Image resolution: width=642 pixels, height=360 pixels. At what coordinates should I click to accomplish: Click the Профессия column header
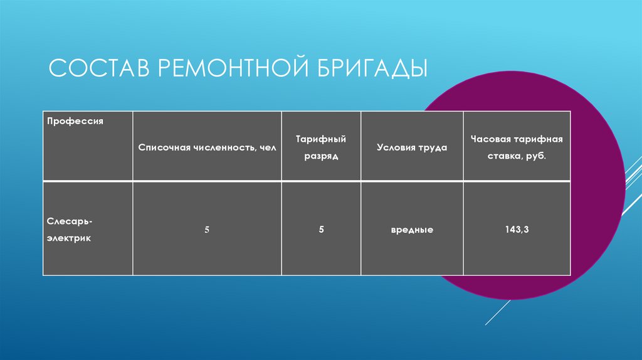pos(75,120)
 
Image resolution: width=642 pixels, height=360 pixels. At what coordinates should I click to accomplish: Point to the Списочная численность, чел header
pos(207,147)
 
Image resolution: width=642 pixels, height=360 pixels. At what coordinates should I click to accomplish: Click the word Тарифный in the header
pos(321,139)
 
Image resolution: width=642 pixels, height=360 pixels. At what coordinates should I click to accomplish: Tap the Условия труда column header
pos(411,147)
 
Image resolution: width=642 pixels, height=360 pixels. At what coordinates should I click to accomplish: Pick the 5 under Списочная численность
pos(206,230)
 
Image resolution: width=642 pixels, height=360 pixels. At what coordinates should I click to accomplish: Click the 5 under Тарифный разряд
pos(321,230)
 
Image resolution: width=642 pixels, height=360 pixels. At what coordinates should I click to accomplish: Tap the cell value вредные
pos(412,230)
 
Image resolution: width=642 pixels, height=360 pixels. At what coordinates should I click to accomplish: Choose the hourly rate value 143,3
pos(517,230)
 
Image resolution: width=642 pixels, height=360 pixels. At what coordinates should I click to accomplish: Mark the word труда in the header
pos(433,147)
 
